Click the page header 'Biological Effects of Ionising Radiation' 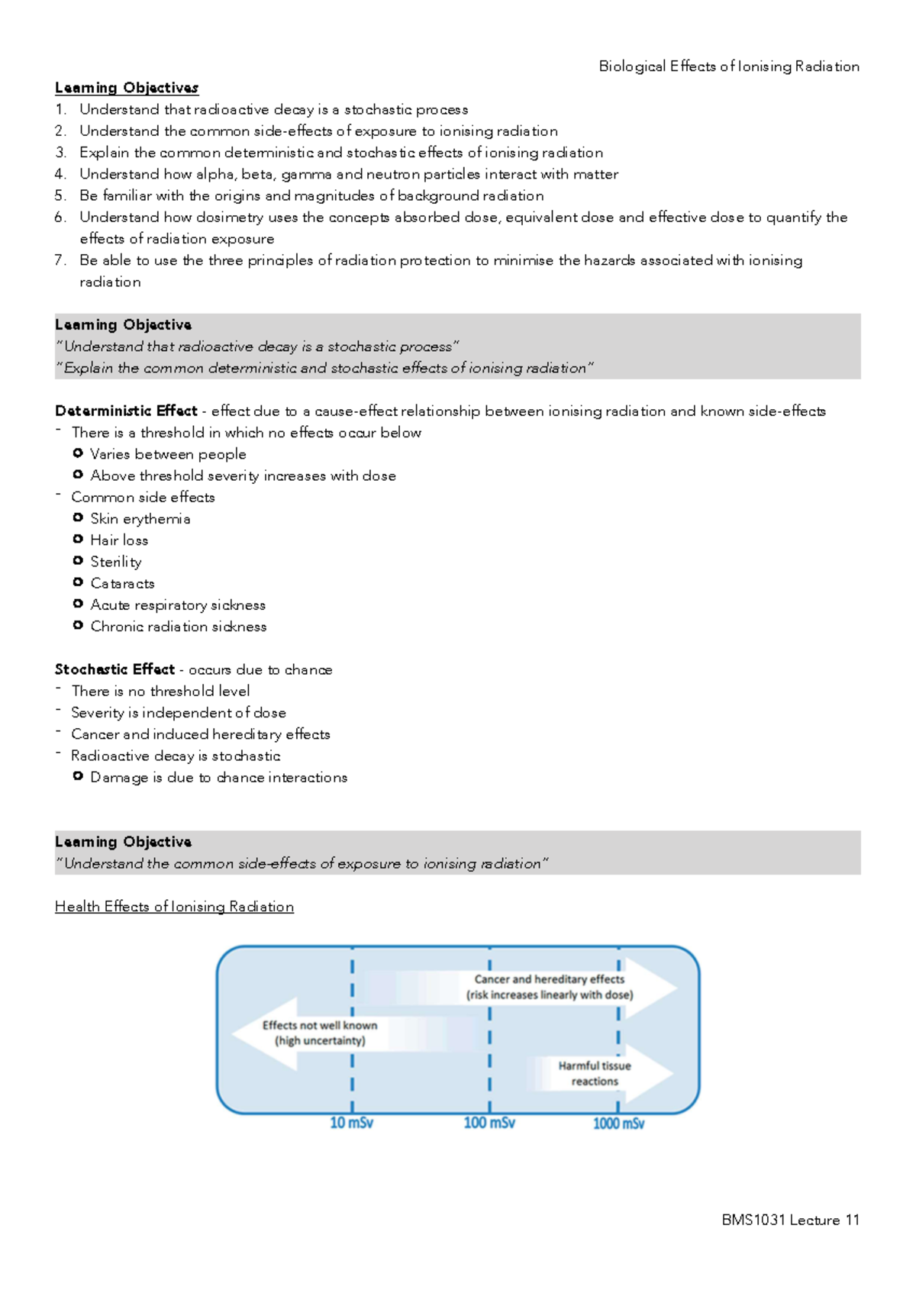click(x=728, y=66)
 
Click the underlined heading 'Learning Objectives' click(x=127, y=88)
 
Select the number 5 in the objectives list click(x=60, y=195)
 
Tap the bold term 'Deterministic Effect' click(x=126, y=411)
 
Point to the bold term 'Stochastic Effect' click(x=114, y=669)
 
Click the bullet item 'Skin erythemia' click(x=140, y=519)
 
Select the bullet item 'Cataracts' click(x=122, y=583)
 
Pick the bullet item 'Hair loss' click(x=119, y=540)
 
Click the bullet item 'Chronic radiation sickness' click(x=179, y=627)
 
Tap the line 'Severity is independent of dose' click(x=179, y=713)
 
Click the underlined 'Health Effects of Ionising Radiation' click(x=174, y=907)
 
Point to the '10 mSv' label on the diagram click(x=351, y=1124)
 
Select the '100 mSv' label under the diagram click(x=489, y=1124)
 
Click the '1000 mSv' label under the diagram click(x=618, y=1124)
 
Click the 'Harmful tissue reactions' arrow click(x=595, y=1073)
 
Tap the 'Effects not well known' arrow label click(x=320, y=1033)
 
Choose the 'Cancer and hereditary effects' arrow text click(x=550, y=987)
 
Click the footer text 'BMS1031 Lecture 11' click(x=790, y=1220)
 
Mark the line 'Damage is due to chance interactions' click(x=218, y=778)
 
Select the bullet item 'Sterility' click(x=116, y=562)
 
